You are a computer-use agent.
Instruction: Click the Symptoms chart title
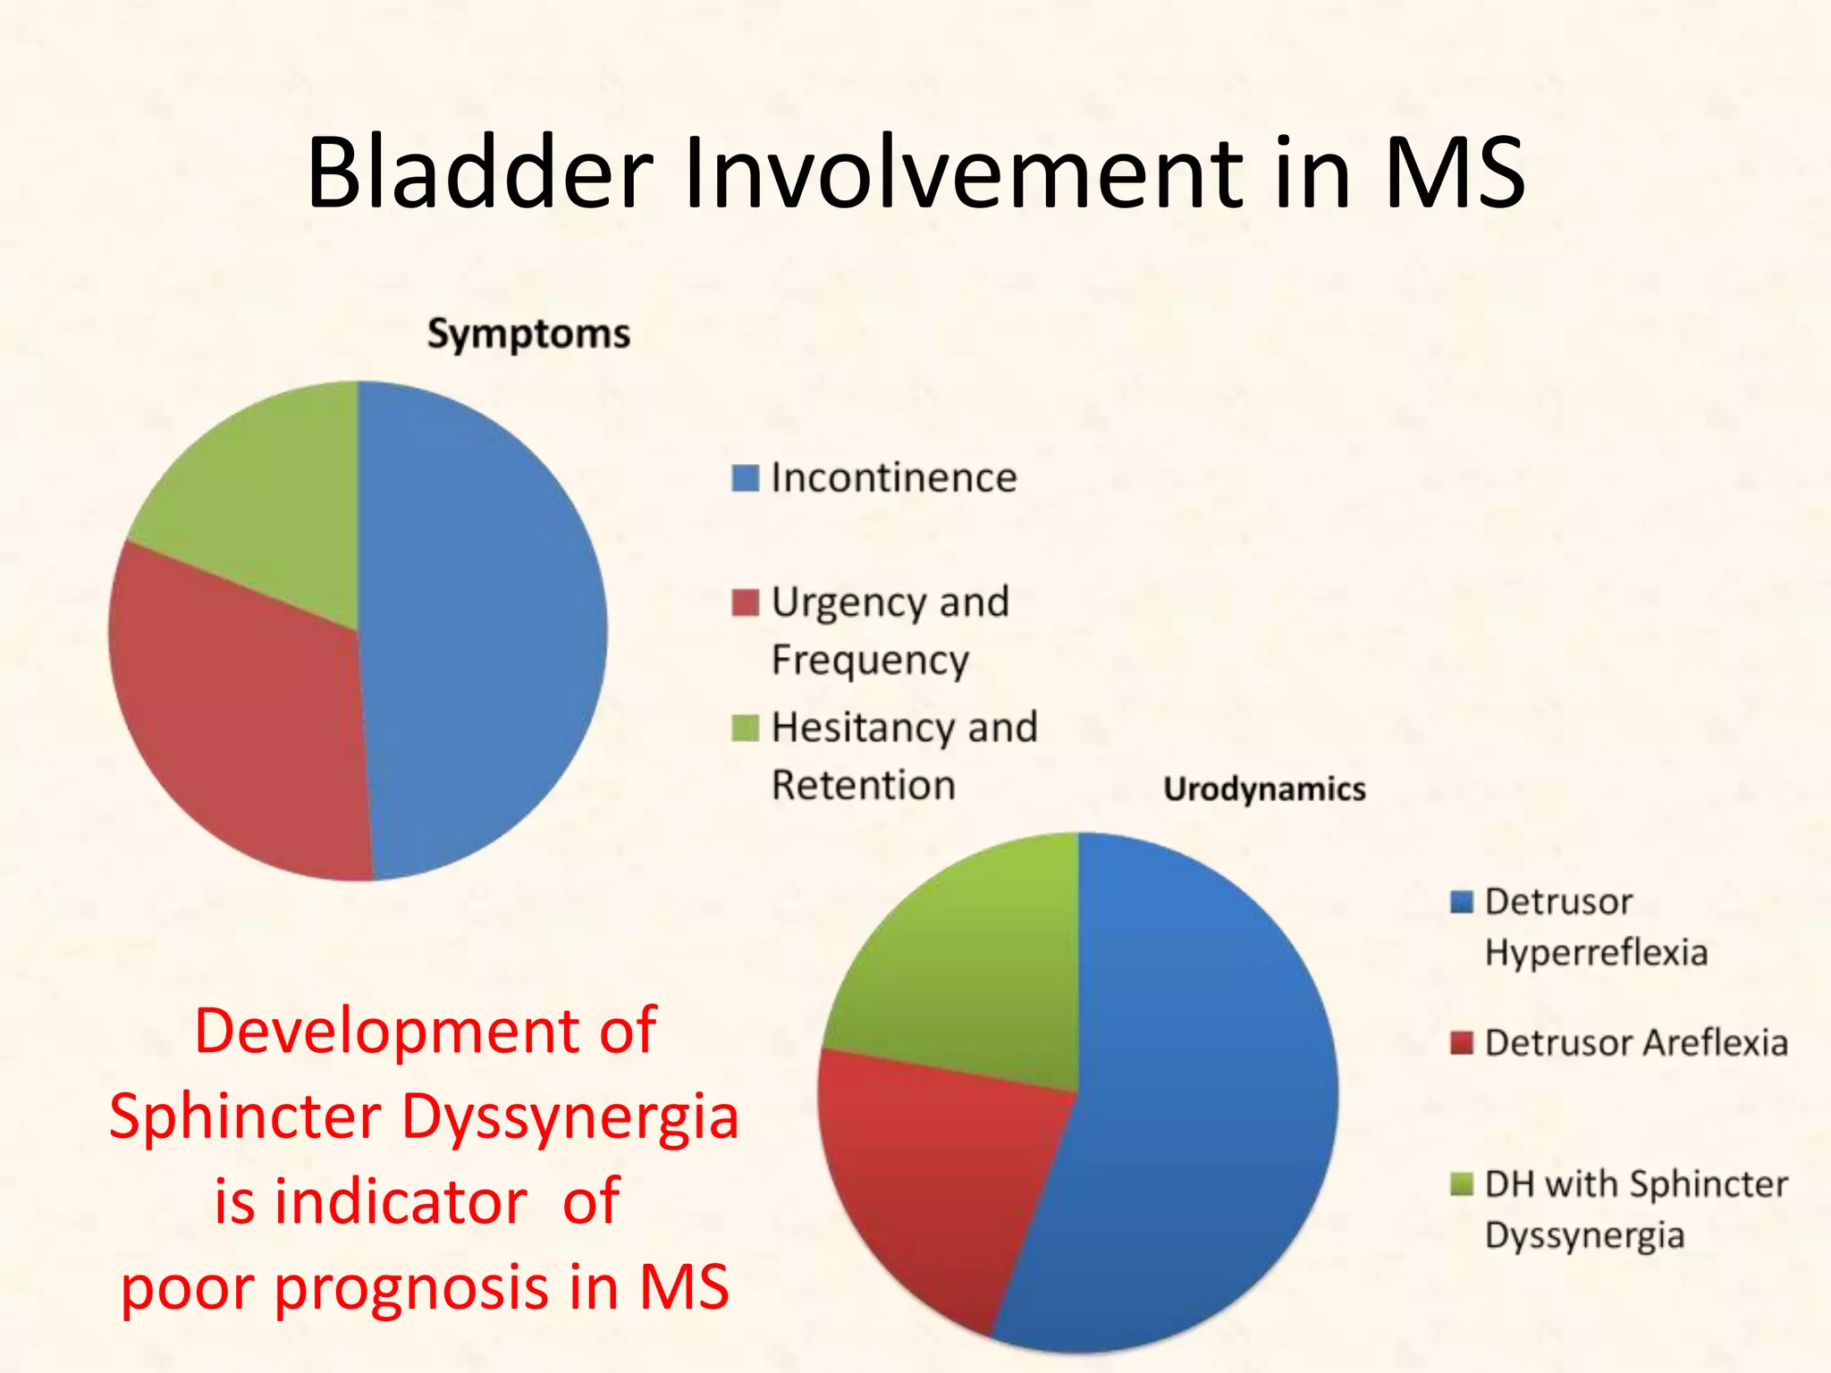(x=528, y=334)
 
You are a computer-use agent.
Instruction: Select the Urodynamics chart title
(x=1264, y=789)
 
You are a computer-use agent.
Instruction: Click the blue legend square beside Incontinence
(x=745, y=478)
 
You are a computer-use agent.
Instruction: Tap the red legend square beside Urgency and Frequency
(x=745, y=602)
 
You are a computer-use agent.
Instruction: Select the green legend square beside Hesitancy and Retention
(x=745, y=728)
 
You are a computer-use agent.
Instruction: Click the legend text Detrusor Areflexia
(x=1635, y=1043)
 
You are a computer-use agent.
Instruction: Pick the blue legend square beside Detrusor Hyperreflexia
(x=1461, y=902)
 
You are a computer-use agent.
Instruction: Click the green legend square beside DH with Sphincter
(x=1461, y=1184)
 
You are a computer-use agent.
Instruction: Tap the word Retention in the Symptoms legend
(x=864, y=786)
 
